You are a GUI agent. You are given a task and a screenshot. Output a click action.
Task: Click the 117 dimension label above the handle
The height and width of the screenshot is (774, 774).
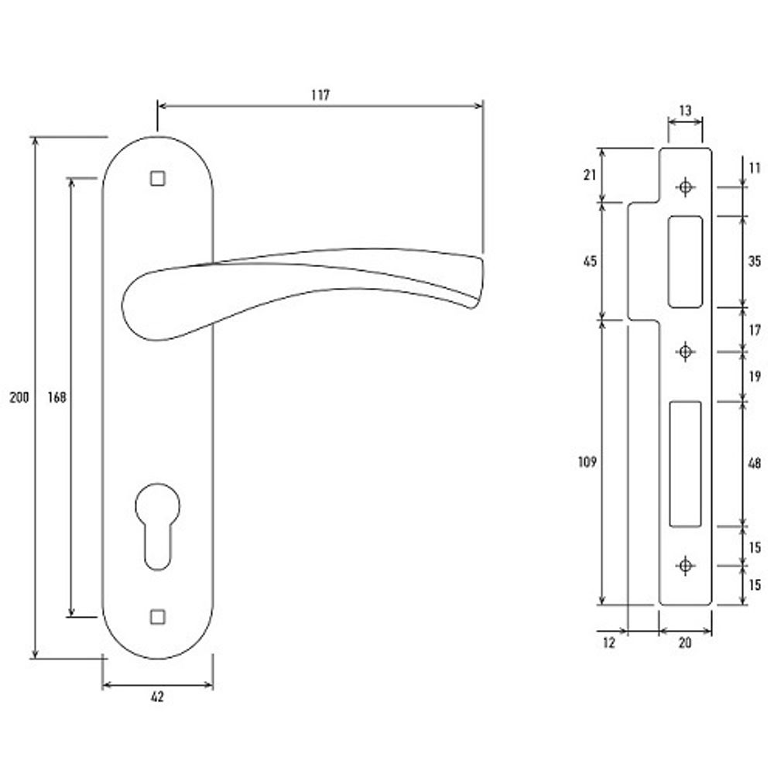click(x=320, y=94)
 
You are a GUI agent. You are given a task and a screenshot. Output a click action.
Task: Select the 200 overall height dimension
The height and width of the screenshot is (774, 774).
click(x=19, y=397)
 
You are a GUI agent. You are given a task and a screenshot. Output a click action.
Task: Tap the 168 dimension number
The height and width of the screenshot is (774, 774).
click(x=57, y=397)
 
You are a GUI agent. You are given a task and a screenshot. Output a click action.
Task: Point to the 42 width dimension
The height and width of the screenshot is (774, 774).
click(x=157, y=697)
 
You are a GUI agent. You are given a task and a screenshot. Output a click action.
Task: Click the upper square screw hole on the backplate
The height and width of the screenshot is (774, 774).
click(x=157, y=178)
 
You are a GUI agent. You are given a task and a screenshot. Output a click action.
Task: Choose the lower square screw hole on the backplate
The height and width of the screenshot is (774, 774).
click(x=157, y=617)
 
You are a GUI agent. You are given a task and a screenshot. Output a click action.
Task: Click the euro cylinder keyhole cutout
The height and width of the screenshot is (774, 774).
click(x=157, y=526)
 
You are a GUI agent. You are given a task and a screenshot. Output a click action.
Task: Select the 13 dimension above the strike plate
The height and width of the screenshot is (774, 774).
click(x=685, y=111)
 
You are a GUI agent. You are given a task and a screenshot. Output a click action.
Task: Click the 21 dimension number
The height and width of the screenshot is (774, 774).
click(x=590, y=175)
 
